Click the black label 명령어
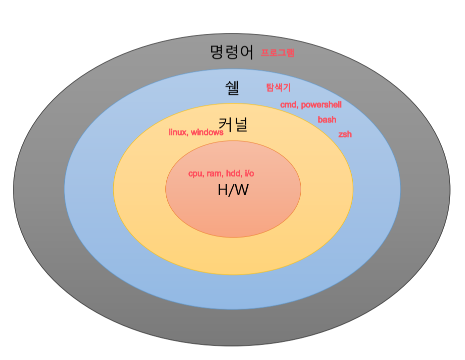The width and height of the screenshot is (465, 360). coord(232,51)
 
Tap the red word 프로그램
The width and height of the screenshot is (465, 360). coord(278,52)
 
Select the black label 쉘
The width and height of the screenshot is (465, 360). coord(232,88)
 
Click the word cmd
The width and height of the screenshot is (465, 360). coord(288,105)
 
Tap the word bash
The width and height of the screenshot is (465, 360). coord(327,120)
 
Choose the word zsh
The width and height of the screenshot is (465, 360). coord(345,135)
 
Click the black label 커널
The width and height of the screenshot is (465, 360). coord(233,124)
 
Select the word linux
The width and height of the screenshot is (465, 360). coord(178,132)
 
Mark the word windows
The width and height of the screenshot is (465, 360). coord(207,132)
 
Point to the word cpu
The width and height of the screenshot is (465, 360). coord(196,174)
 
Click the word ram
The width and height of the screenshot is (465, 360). coord(214,174)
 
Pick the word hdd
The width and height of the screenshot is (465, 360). coord(232,174)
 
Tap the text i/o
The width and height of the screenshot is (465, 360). coord(248,174)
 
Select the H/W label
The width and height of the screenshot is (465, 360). coord(233,190)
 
